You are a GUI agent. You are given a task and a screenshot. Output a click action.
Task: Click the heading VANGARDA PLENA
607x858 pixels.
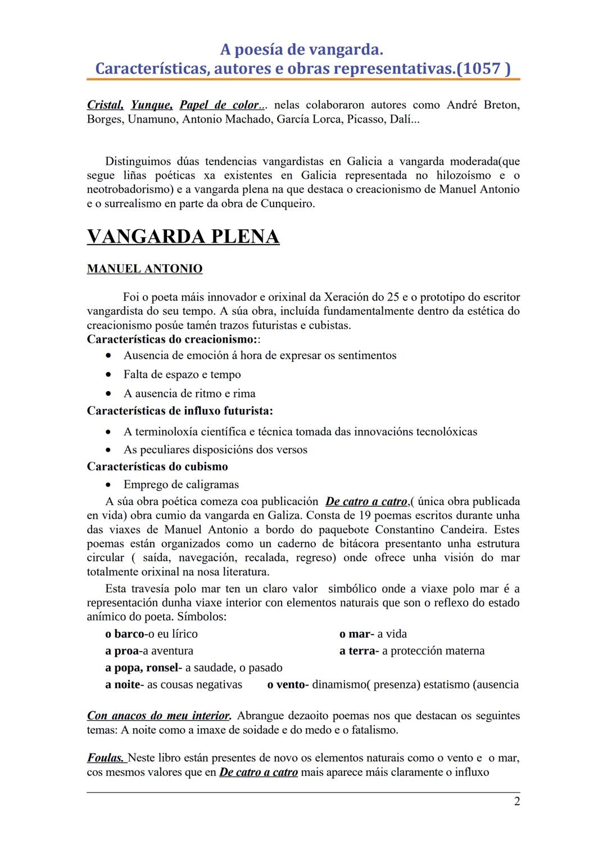pyautogui.click(x=183, y=237)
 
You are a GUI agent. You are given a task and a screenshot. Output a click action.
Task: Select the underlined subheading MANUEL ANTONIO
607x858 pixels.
pyautogui.click(x=144, y=269)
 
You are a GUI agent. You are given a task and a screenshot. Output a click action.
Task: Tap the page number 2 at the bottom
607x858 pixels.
pyautogui.click(x=517, y=801)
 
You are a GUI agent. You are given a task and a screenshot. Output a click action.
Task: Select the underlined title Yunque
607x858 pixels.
pyautogui.click(x=151, y=105)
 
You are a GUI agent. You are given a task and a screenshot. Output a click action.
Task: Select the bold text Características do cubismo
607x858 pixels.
pyautogui.click(x=157, y=466)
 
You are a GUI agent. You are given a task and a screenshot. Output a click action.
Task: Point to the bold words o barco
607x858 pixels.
pyautogui.click(x=125, y=634)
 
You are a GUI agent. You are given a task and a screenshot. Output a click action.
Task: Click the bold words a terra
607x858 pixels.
pyautogui.click(x=357, y=651)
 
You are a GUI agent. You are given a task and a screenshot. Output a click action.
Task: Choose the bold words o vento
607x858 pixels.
pyautogui.click(x=287, y=684)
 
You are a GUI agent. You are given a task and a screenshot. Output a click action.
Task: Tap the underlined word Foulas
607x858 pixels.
pyautogui.click(x=106, y=758)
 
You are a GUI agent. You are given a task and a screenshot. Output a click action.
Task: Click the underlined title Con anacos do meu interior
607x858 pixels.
pyautogui.click(x=158, y=716)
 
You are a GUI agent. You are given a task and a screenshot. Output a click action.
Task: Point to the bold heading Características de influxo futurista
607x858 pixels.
pyautogui.click(x=180, y=411)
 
